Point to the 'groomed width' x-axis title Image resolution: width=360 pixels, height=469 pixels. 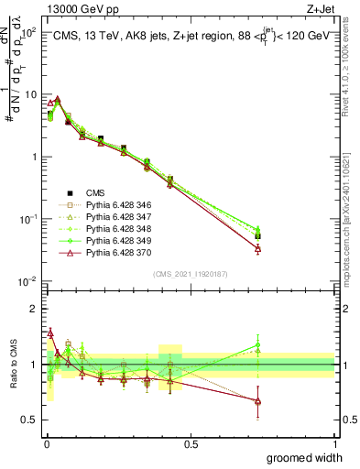305,457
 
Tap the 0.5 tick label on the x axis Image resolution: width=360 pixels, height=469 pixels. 190,443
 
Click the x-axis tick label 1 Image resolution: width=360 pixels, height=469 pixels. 334,443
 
